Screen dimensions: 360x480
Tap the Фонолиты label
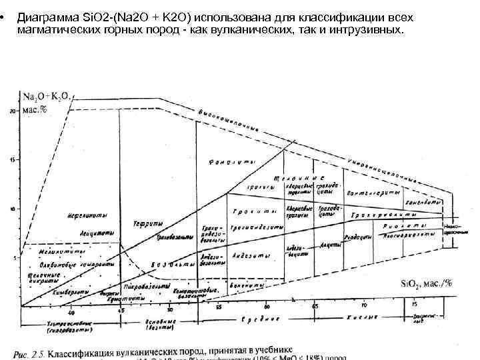pyautogui.click(x=227, y=163)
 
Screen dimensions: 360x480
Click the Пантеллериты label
pyautogui.click(x=374, y=192)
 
